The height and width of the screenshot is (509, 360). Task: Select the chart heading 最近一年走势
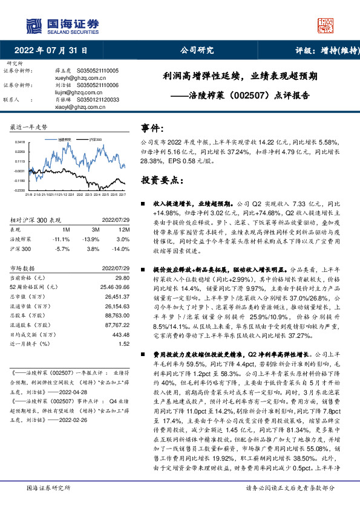click(29, 127)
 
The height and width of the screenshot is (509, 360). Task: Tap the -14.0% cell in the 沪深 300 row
click(122, 248)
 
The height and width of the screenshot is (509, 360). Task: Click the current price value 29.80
click(123, 276)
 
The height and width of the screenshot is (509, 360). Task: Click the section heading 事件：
click(154, 129)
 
